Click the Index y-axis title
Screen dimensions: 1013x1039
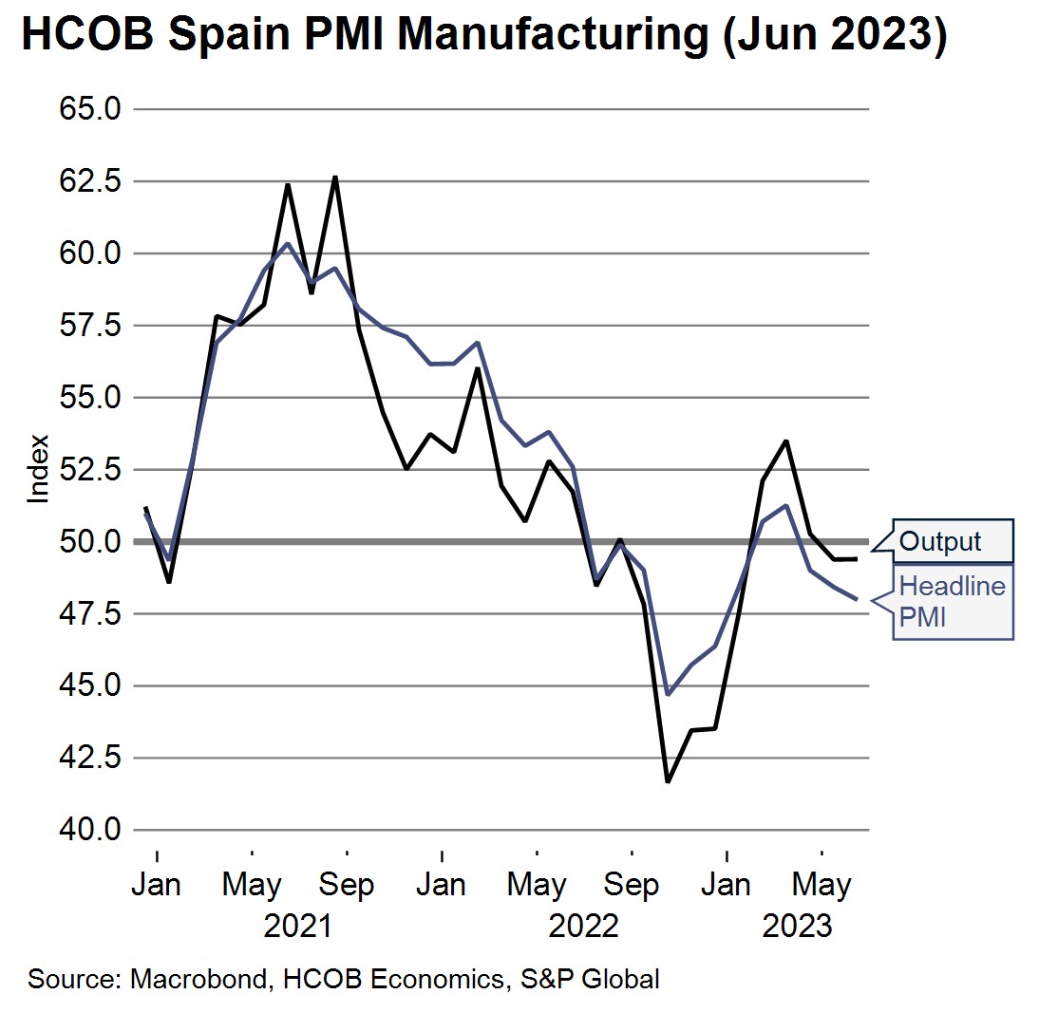38,469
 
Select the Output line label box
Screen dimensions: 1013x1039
952,542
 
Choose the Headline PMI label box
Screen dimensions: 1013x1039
952,602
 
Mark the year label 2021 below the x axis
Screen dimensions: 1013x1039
298,925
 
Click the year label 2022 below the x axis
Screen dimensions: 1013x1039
584,925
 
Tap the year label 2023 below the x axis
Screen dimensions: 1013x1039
798,925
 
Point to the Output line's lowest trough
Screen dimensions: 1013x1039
668,781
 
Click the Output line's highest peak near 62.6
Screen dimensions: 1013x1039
335,178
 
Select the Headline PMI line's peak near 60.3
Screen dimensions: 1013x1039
288,244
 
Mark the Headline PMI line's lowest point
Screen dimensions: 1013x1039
668,694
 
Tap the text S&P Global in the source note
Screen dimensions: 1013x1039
588,979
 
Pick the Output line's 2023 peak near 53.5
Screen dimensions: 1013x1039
786,441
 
